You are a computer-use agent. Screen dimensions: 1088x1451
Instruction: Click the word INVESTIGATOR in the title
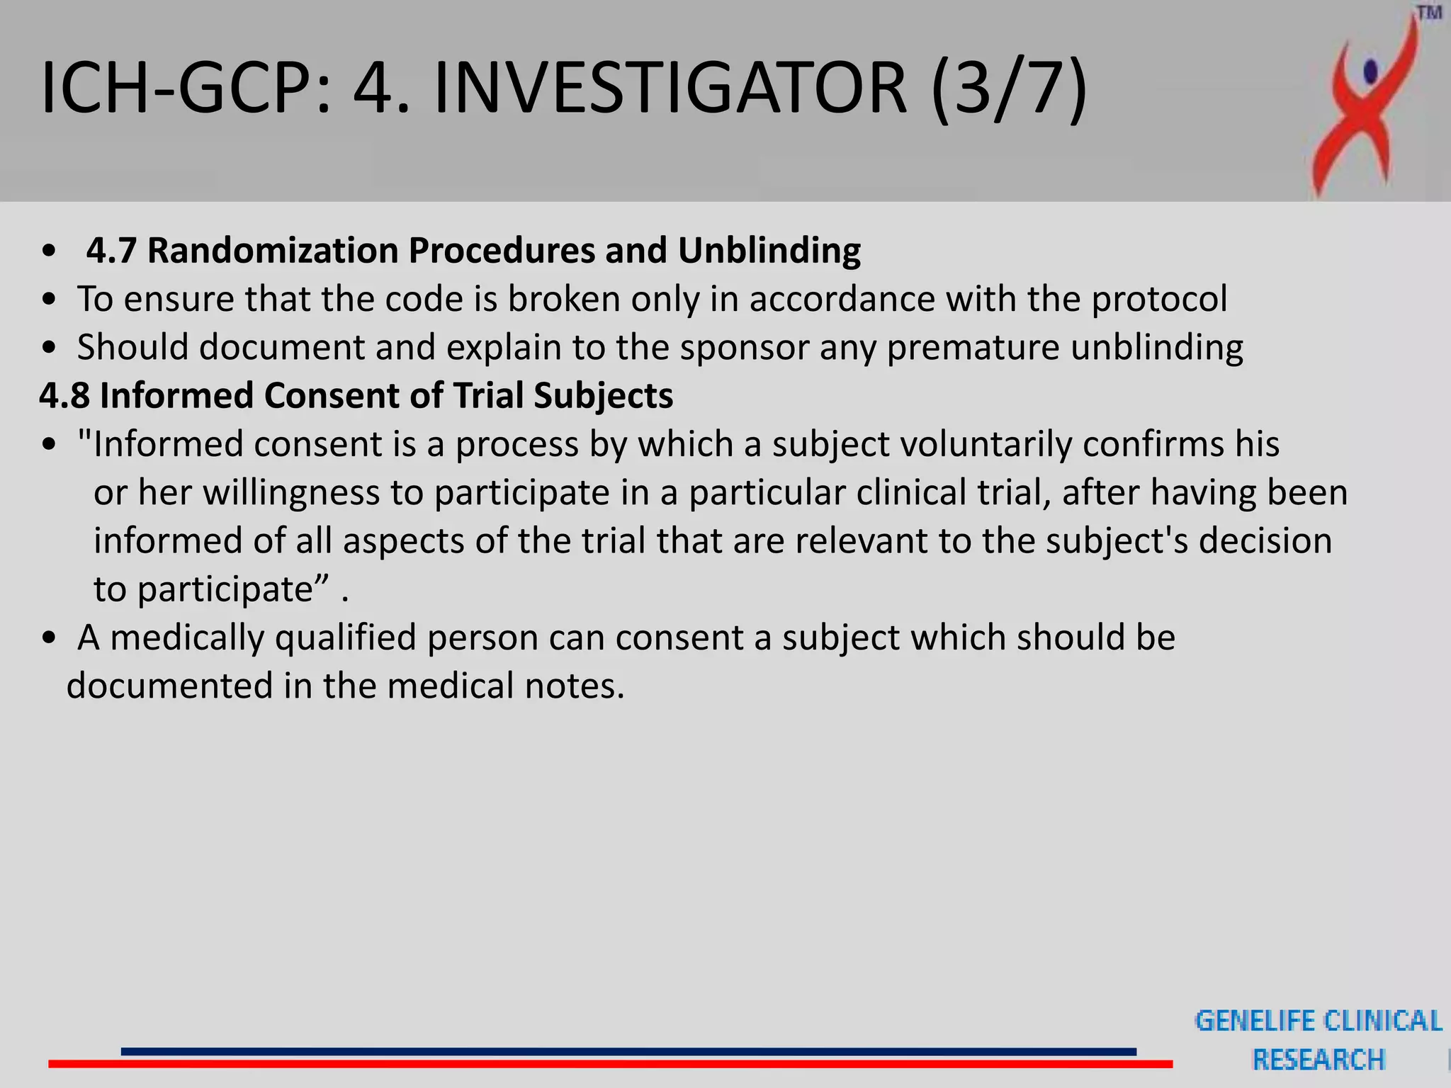pos(670,88)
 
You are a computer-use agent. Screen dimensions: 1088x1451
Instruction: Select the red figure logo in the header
pos(1364,106)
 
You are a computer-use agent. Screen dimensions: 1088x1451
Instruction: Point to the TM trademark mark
pos(1430,13)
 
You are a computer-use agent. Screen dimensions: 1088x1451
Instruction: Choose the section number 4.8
pos(64,396)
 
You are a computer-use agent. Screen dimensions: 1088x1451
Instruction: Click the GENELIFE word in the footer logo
pos(1255,1021)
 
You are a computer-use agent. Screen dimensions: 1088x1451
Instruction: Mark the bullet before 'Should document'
pos(49,348)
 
